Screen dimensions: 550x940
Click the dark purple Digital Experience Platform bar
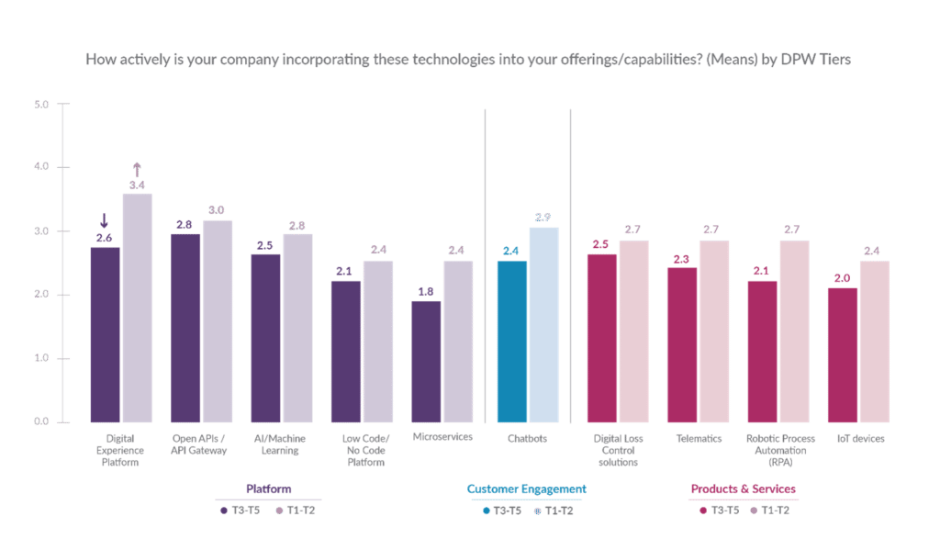[106, 334]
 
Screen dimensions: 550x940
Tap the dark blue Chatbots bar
[512, 341]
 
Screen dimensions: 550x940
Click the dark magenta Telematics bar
[682, 344]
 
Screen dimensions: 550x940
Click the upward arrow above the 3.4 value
[137, 169]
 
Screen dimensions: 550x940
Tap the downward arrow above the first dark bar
[105, 220]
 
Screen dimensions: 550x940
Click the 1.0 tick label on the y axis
[41, 358]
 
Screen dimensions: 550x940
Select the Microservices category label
[442, 438]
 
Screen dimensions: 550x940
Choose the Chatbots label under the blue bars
[527, 438]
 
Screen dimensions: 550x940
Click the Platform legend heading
[269, 488]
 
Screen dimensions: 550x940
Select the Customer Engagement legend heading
[526, 489]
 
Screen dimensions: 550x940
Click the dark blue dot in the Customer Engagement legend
[486, 510]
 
